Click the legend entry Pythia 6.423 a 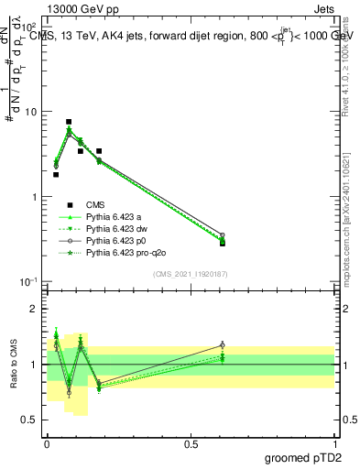[120, 216]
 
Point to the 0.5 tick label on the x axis [191, 443]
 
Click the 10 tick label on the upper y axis [30, 112]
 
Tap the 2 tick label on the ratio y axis [34, 309]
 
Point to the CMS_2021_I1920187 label [191, 272]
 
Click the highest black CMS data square [69, 122]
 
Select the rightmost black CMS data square [222, 243]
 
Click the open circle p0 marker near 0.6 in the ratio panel [222, 344]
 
